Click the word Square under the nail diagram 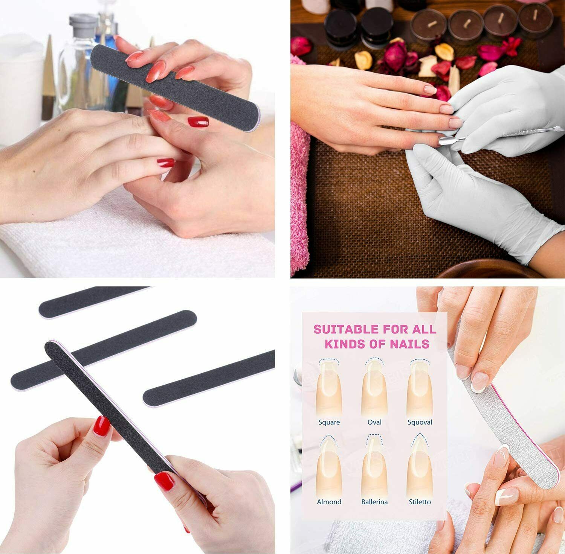tap(329, 422)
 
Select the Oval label tap(374, 422)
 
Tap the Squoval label tap(420, 422)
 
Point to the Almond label tap(329, 502)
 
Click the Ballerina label tap(374, 502)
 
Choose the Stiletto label tap(420, 502)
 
